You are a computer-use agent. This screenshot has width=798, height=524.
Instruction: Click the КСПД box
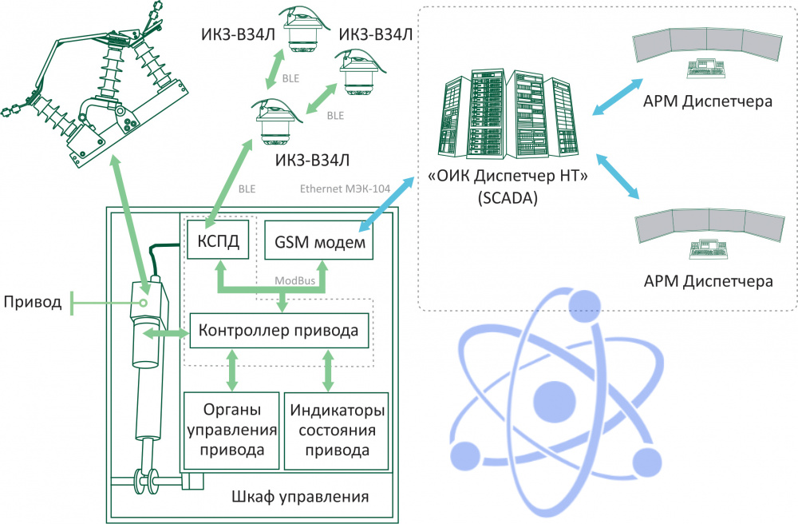point(218,240)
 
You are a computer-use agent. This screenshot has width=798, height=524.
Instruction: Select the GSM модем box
point(319,240)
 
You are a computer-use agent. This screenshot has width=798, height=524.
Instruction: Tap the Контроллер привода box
point(279,331)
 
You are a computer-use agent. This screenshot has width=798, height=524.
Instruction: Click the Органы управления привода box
point(231,431)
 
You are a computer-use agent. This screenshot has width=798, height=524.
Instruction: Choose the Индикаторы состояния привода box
point(337,431)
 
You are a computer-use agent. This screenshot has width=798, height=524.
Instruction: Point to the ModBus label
point(294,280)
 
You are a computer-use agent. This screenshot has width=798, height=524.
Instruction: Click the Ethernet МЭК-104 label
point(345,189)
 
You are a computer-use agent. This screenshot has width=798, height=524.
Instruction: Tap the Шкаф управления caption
point(300,497)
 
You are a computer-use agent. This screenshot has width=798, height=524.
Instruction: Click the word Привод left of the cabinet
point(33,302)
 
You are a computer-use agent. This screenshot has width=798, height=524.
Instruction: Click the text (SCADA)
point(508,197)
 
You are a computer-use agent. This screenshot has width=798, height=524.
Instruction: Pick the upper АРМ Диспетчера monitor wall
point(707,46)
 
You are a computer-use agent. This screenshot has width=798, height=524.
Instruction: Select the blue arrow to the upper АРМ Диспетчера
point(618,97)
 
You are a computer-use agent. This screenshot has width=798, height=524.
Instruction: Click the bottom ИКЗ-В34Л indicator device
point(275,122)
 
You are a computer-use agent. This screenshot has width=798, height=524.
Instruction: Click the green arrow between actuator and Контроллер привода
point(165,334)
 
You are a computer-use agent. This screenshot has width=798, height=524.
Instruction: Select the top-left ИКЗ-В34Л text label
point(238,34)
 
